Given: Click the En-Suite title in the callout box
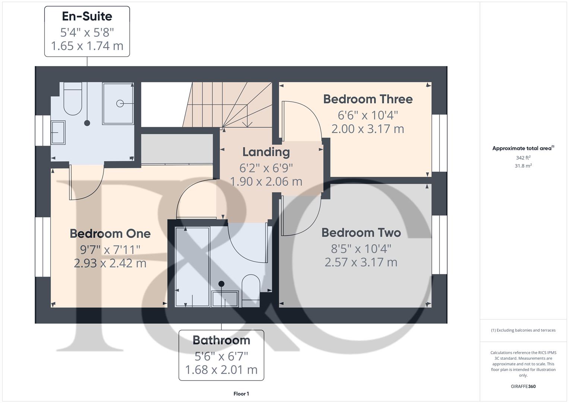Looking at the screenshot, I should point(87,16).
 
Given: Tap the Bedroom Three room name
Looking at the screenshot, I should point(368,99).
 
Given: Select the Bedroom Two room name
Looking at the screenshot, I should point(361,233).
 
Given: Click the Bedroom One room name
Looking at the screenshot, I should point(110,234).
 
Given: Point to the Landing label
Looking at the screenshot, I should point(266,152).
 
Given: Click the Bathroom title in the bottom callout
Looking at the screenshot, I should point(221,340).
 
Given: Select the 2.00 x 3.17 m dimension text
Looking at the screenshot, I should point(368,129).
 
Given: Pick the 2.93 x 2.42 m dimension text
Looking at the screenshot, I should point(110,263).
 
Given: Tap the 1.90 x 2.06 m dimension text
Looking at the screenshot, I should point(266,181).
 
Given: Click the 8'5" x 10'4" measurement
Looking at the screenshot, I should point(361,248).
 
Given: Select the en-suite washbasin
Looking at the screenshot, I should point(58,132).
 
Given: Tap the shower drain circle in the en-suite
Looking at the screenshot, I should point(120,103).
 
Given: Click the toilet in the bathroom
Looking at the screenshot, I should point(251,289).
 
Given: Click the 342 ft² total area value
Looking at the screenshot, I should point(523,158).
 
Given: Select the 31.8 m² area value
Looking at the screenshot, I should point(523,166).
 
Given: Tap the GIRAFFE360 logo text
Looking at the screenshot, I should point(523,387).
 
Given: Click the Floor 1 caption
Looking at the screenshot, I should point(241,394).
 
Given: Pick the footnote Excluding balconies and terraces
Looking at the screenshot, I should point(523,330).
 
